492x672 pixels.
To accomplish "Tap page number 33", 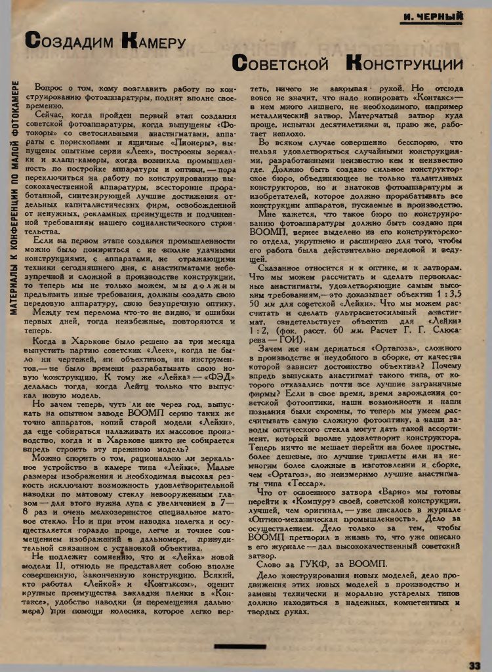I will click(x=476, y=664).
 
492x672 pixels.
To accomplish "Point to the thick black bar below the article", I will click(x=245, y=646).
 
